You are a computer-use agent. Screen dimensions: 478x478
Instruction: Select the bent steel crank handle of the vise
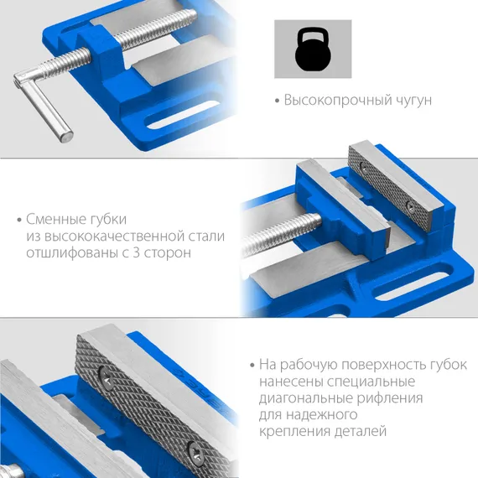tap(43, 96)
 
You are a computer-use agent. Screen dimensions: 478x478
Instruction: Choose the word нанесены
tap(288, 382)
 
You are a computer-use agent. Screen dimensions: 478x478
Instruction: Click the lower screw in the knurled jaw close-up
tap(195, 454)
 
